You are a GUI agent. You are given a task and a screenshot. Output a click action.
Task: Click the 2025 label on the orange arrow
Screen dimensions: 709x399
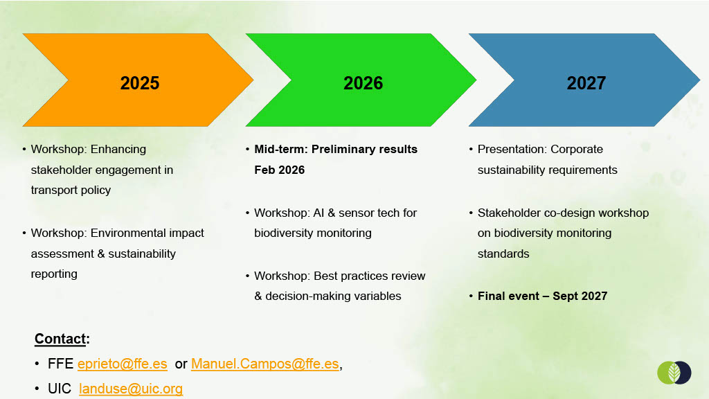(140, 83)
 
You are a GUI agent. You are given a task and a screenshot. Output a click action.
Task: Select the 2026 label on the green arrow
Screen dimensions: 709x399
(363, 83)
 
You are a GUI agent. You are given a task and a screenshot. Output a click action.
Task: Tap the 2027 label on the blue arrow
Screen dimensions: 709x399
(586, 83)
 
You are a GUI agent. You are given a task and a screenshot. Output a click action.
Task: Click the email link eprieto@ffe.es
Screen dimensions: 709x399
(122, 364)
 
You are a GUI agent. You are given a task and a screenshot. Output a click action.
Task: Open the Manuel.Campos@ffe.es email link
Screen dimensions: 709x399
(265, 364)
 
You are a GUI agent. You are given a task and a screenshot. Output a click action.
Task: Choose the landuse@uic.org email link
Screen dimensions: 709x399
(131, 389)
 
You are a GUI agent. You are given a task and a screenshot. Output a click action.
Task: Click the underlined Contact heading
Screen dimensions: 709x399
(60, 339)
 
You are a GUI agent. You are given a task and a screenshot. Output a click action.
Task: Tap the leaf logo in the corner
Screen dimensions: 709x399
(674, 372)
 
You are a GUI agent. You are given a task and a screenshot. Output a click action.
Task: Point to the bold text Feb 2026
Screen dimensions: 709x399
(280, 170)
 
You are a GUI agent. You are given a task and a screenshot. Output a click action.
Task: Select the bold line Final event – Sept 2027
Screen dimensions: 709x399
(543, 296)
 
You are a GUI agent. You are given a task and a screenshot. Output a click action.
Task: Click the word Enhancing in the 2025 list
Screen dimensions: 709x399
(118, 150)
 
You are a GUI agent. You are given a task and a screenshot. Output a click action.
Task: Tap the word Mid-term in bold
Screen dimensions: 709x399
(280, 150)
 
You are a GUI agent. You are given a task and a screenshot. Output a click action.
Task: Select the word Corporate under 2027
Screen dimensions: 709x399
(577, 150)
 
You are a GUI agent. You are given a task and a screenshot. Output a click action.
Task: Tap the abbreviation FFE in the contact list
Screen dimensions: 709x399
(61, 364)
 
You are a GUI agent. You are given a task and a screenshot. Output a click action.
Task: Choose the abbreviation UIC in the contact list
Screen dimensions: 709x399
(60, 389)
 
